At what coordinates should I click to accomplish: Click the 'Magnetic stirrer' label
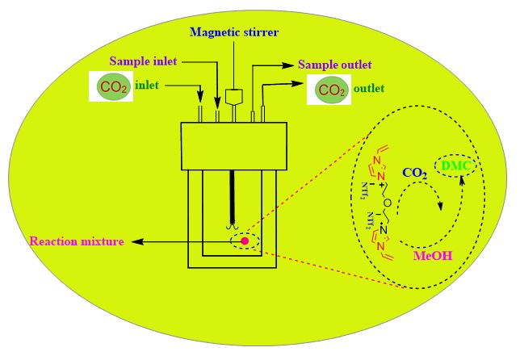pos(234,31)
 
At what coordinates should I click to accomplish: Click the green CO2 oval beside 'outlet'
pos(332,90)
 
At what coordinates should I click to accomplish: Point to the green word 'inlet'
pos(148,85)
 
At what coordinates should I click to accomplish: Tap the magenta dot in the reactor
pos(245,241)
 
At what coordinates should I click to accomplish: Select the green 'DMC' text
pos(455,165)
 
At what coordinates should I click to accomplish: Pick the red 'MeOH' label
pos(432,256)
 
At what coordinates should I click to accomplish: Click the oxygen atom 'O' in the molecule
pos(388,203)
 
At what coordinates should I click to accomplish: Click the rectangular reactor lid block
pos(234,146)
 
